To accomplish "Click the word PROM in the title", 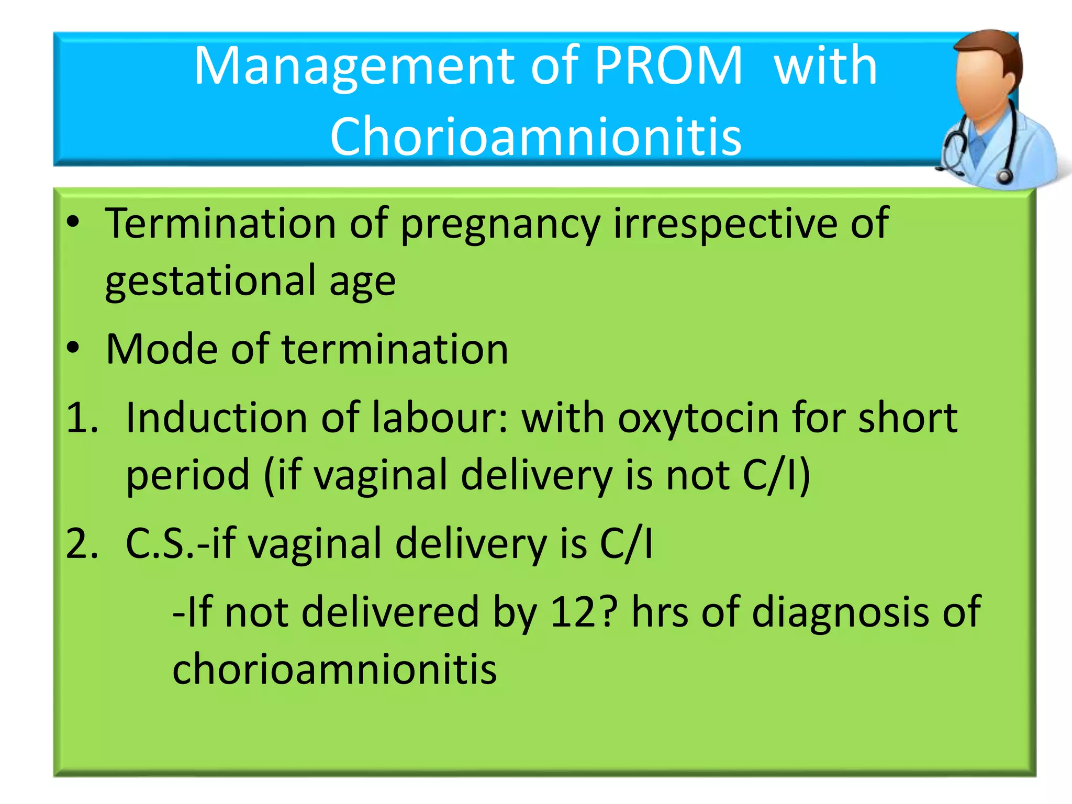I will [668, 66].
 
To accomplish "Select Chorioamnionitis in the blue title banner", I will [535, 136].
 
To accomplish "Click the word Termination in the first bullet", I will [220, 224].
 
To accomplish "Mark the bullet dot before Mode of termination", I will [73, 348].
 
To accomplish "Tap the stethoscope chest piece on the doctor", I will [1004, 176].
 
